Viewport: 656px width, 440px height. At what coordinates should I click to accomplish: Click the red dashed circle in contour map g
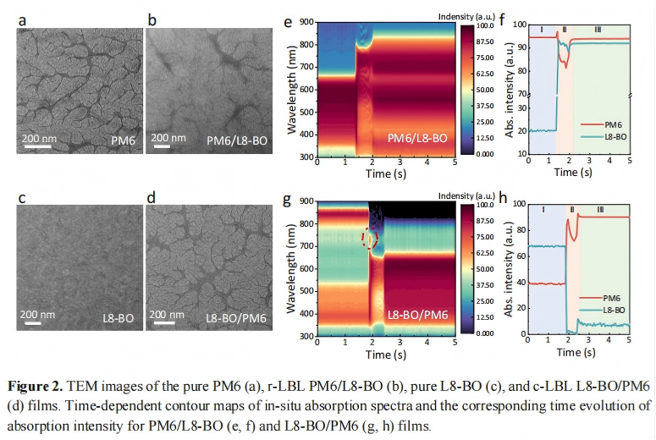pyautogui.click(x=368, y=239)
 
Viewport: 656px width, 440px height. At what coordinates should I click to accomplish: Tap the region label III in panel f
pyautogui.click(x=598, y=30)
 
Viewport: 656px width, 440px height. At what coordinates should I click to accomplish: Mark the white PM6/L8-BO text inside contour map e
pyautogui.click(x=418, y=137)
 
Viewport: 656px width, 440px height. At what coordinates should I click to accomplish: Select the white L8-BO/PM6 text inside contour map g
pyautogui.click(x=418, y=316)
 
